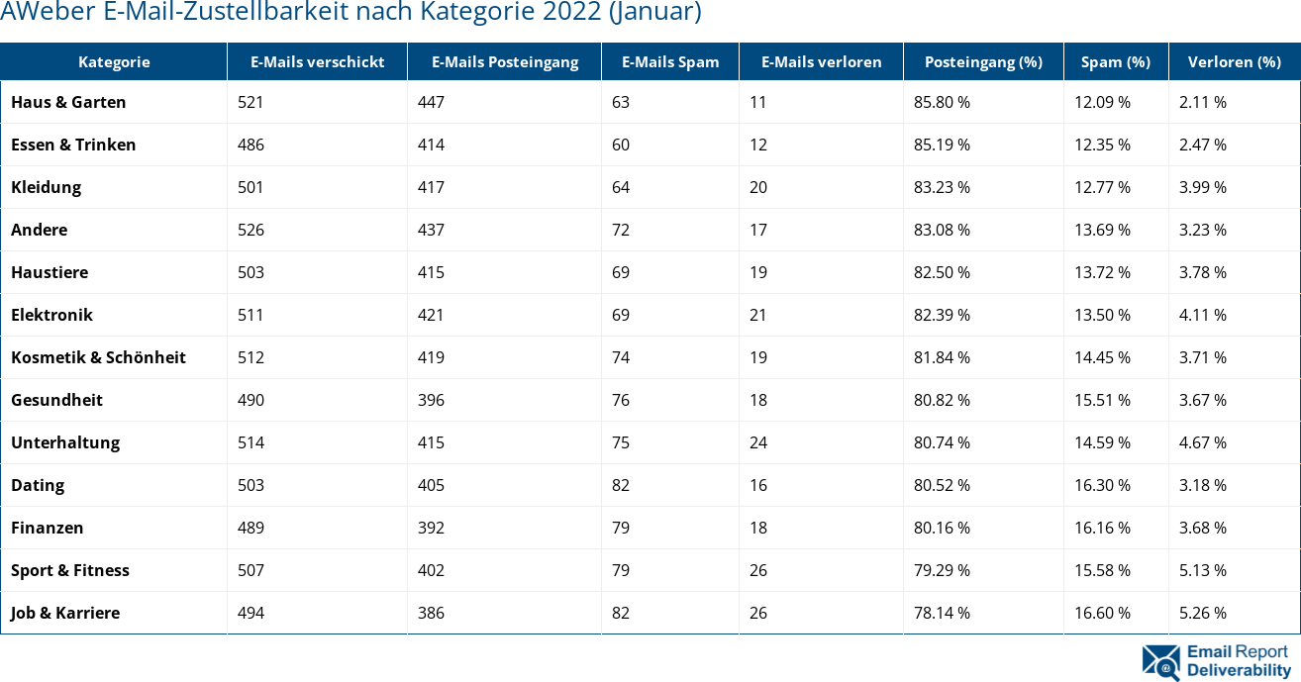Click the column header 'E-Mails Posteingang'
pos(504,61)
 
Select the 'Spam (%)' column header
pos(1115,61)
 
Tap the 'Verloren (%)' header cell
pos(1234,61)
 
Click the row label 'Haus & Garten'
pos(68,102)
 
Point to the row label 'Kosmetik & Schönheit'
pos(98,357)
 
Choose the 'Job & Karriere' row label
pos(65,613)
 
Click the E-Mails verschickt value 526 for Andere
pos(251,230)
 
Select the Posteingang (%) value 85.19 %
pos(942,145)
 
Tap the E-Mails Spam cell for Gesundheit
pos(621,400)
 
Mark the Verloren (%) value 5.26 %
pos(1203,613)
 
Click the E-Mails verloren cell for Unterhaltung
pos(758,442)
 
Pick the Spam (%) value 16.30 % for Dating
pos(1102,485)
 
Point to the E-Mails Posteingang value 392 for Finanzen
pos(431,528)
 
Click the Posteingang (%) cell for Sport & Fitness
pos(942,570)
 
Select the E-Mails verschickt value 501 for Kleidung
pos(251,187)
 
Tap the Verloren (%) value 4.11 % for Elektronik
pos(1203,315)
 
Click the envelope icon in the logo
pos(1160,662)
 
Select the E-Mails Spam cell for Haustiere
pos(621,272)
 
